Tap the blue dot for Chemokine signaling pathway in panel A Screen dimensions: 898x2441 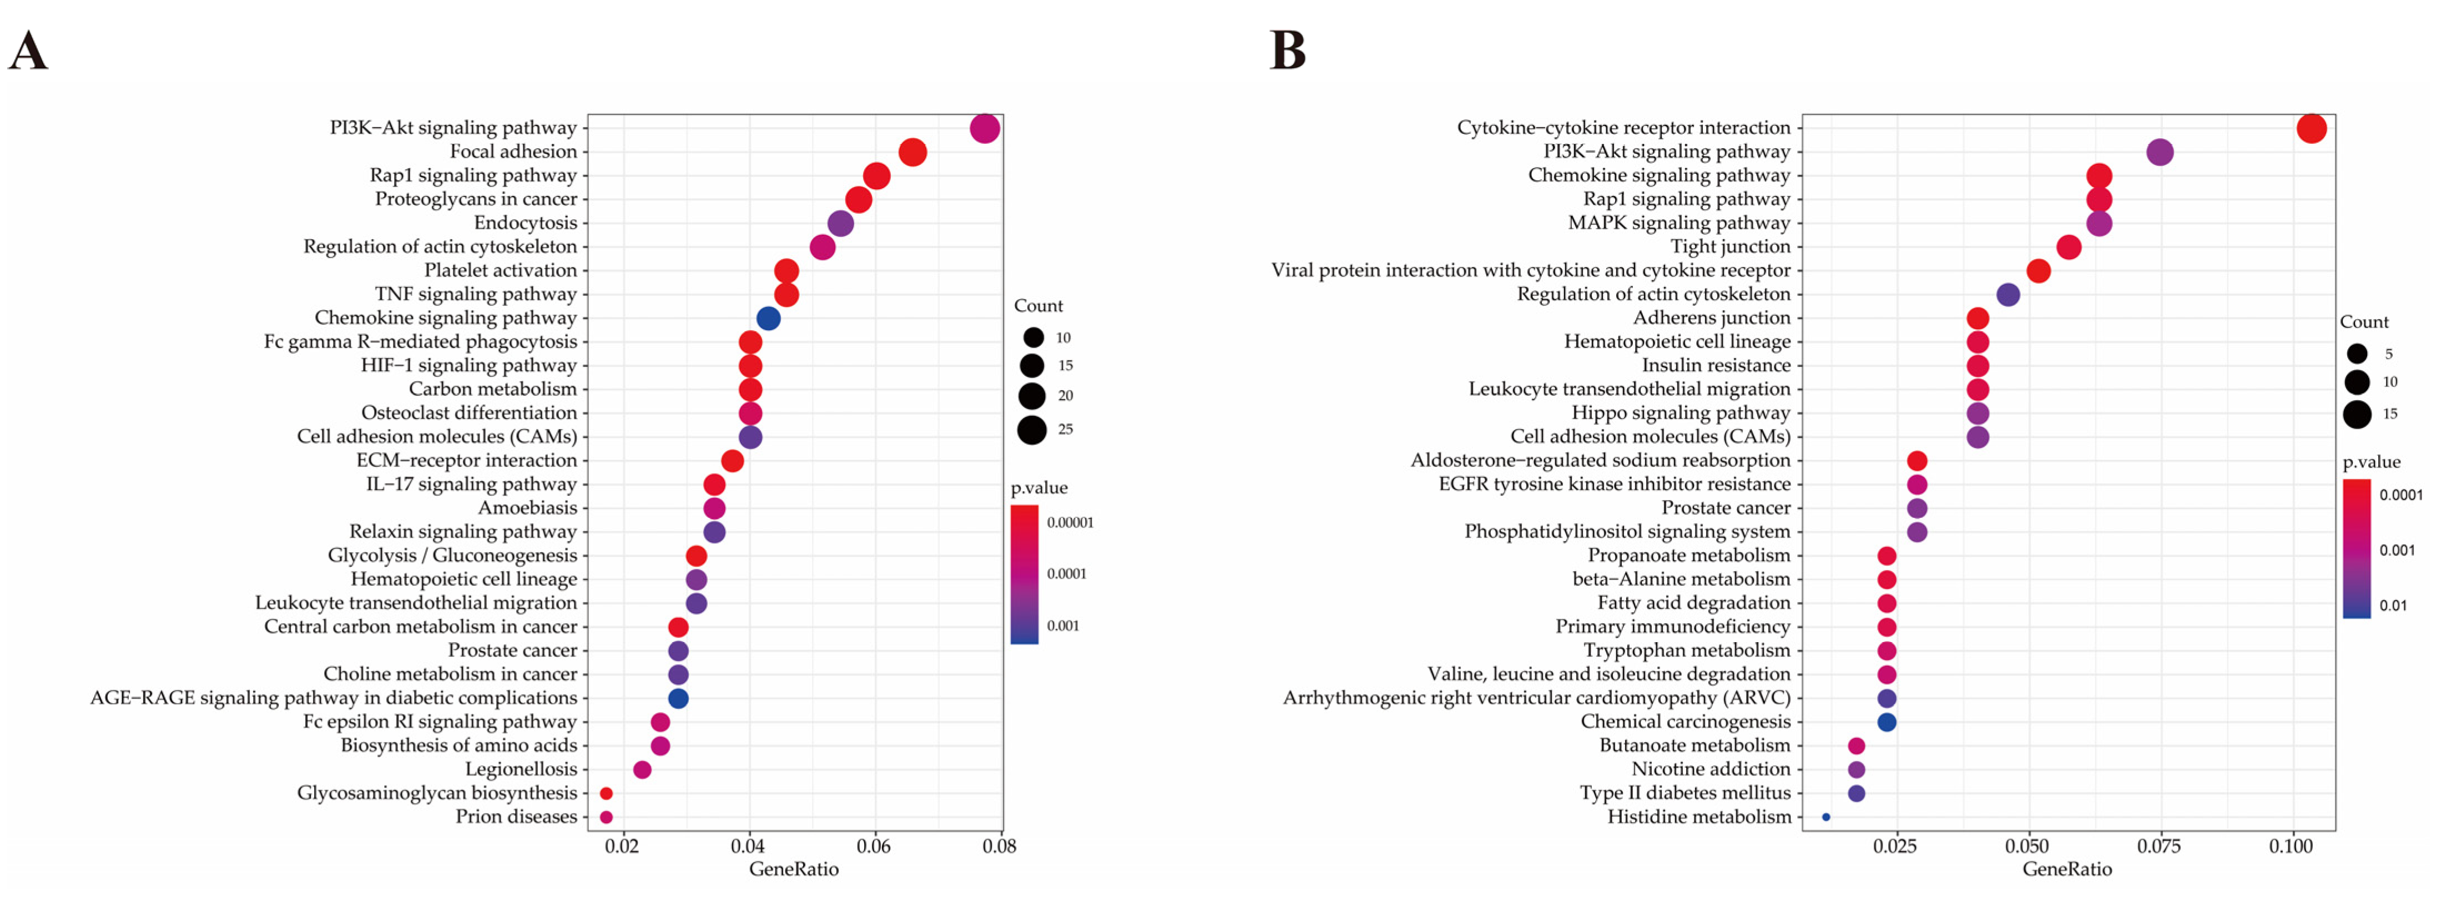769,318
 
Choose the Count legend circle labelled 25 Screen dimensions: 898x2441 1032,430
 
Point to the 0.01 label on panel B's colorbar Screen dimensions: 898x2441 2393,606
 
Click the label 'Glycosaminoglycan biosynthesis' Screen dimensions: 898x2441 437,793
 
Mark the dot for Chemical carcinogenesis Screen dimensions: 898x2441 1887,722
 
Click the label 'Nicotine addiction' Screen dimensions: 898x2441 1711,769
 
